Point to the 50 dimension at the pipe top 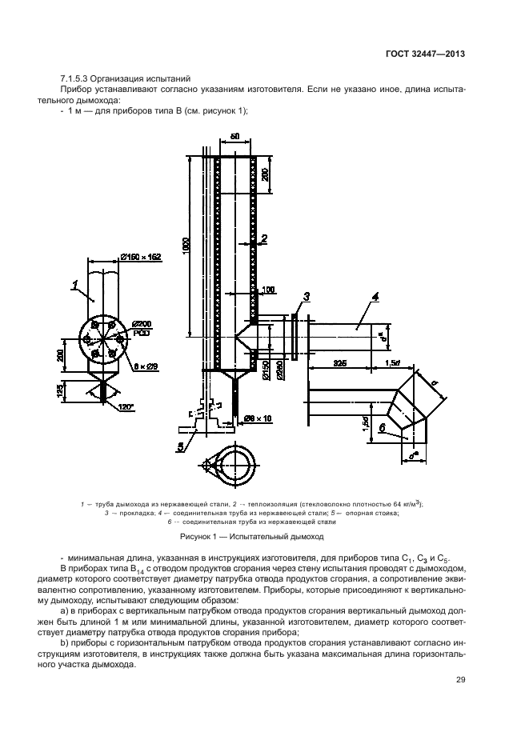234,138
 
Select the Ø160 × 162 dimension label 140,257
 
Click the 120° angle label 125,406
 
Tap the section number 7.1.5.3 78,78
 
